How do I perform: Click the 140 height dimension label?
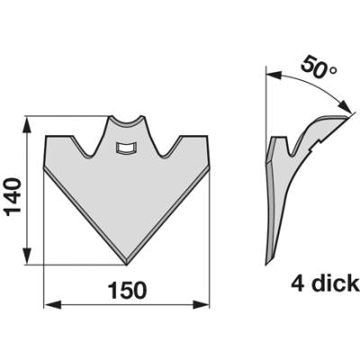[13, 196]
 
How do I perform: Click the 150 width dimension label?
[127, 291]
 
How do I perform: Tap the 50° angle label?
[319, 67]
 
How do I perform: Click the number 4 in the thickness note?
[298, 283]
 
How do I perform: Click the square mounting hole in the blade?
[126, 148]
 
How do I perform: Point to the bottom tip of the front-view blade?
[127, 265]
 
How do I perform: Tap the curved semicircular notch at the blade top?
[127, 121]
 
